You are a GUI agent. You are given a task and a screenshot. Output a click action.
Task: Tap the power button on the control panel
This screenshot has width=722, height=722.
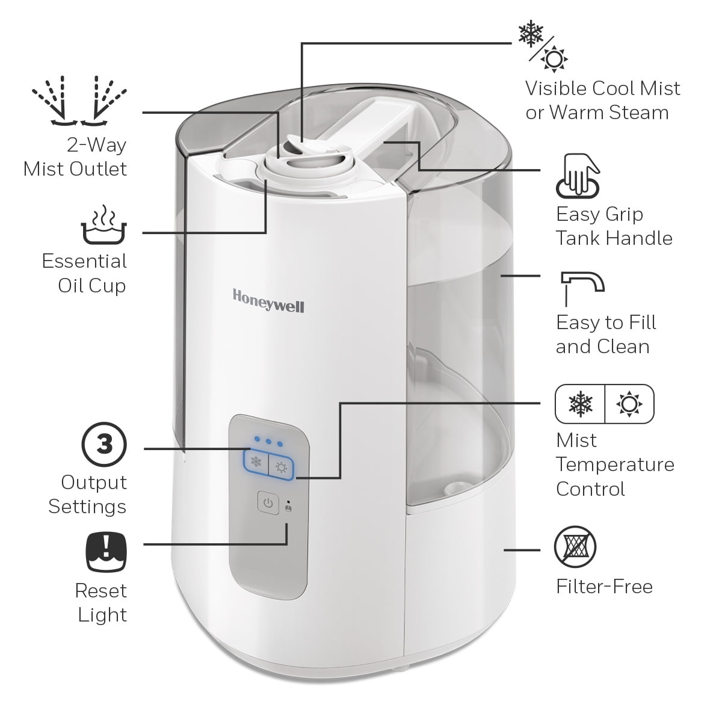(268, 502)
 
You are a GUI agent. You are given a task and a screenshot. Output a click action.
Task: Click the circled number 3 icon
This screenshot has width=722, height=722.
(104, 445)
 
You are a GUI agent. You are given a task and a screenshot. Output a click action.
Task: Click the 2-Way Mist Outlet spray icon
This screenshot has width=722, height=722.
(79, 101)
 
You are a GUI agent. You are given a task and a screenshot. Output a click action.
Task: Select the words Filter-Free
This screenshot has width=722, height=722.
(604, 586)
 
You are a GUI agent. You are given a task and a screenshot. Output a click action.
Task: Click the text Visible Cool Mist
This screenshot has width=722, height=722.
(602, 88)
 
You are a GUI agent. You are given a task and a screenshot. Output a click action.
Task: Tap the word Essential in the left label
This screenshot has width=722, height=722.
(84, 261)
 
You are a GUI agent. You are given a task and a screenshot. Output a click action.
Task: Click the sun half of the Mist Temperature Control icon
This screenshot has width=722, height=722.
(629, 404)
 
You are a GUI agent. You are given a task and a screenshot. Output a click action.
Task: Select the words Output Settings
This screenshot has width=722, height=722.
(88, 494)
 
